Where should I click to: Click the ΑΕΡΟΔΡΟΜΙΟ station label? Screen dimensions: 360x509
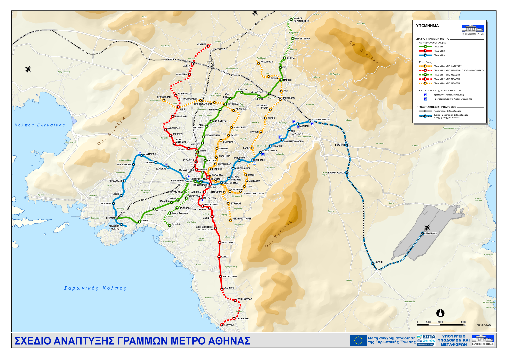[431, 233]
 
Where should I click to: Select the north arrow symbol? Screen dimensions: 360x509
[440, 313]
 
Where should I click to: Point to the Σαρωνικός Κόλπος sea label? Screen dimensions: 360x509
[95, 288]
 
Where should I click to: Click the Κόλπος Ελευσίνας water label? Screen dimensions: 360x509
[39, 125]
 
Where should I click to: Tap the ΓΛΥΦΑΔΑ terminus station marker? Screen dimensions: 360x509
[222, 325]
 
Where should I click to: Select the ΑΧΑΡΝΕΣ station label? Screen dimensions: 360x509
[201, 44]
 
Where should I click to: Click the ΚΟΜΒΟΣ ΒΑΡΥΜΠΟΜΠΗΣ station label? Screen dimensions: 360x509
[301, 20]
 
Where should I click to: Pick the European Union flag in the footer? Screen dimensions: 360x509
[358, 340]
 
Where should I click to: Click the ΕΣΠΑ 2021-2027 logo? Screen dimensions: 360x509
[426, 340]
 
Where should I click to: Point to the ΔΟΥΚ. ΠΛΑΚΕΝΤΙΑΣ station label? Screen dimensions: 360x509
[321, 119]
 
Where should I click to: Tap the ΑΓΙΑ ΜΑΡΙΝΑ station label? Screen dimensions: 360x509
[150, 154]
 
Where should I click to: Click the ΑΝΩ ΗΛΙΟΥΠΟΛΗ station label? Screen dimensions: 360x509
[242, 219]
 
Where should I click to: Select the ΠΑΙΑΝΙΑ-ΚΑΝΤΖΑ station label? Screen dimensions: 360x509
[336, 173]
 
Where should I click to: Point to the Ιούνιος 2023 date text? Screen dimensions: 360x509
[484, 325]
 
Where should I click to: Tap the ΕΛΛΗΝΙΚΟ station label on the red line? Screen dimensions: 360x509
[229, 288]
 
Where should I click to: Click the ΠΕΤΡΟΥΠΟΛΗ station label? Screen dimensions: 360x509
[164, 97]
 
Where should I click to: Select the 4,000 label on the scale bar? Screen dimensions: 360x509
[463, 322]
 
